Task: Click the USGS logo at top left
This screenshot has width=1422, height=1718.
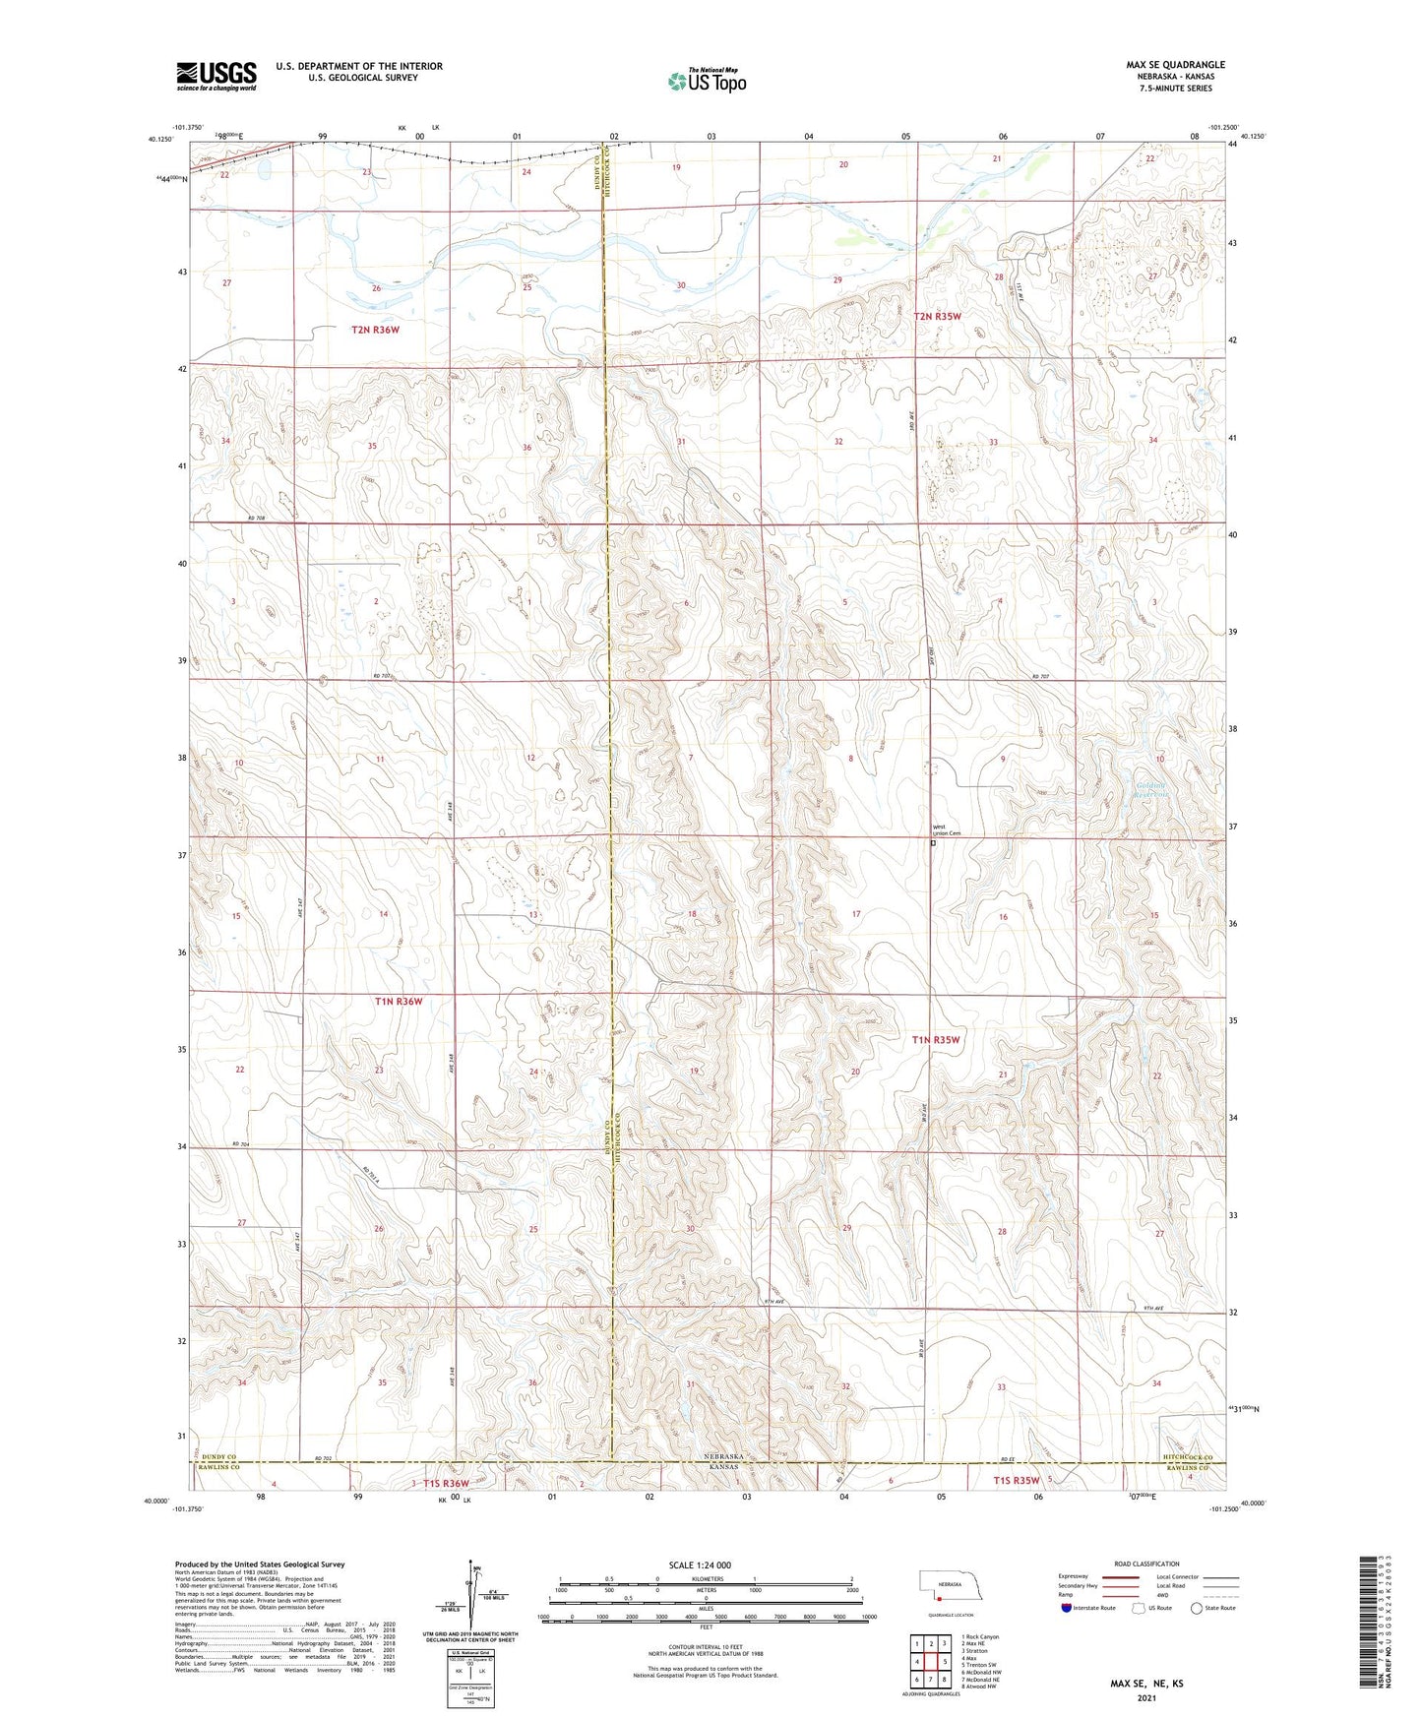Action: [216, 75]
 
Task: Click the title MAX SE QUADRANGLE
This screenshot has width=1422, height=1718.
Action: [1175, 65]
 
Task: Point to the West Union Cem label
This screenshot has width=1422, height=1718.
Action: [946, 829]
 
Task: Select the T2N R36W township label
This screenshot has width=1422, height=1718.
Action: [375, 330]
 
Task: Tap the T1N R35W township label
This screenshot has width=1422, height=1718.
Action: [935, 1039]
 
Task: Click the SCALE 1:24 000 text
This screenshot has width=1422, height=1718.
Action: [700, 1565]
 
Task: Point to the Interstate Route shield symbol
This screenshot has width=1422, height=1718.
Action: [1067, 1608]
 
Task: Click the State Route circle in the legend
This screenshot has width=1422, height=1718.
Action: [1196, 1608]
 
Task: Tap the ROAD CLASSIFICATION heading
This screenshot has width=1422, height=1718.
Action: [1146, 1564]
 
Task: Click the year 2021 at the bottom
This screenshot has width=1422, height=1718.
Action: [1146, 1697]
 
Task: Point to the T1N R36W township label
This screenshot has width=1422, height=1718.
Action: [398, 1001]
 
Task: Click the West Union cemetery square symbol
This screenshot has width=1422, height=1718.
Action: [933, 842]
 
